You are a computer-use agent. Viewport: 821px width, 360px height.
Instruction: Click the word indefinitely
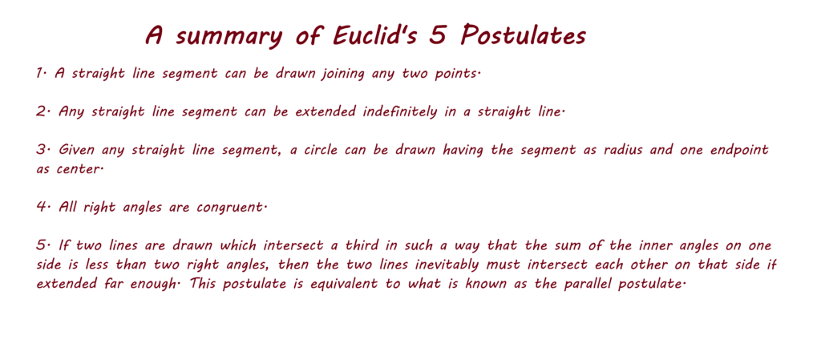click(x=399, y=112)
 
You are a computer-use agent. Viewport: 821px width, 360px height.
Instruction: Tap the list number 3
click(x=42, y=150)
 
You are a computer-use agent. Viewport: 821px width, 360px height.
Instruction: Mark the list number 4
click(x=42, y=207)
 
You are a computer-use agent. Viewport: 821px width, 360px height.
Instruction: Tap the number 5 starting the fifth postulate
click(x=42, y=245)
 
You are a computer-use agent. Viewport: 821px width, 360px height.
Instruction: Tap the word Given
click(x=76, y=150)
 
